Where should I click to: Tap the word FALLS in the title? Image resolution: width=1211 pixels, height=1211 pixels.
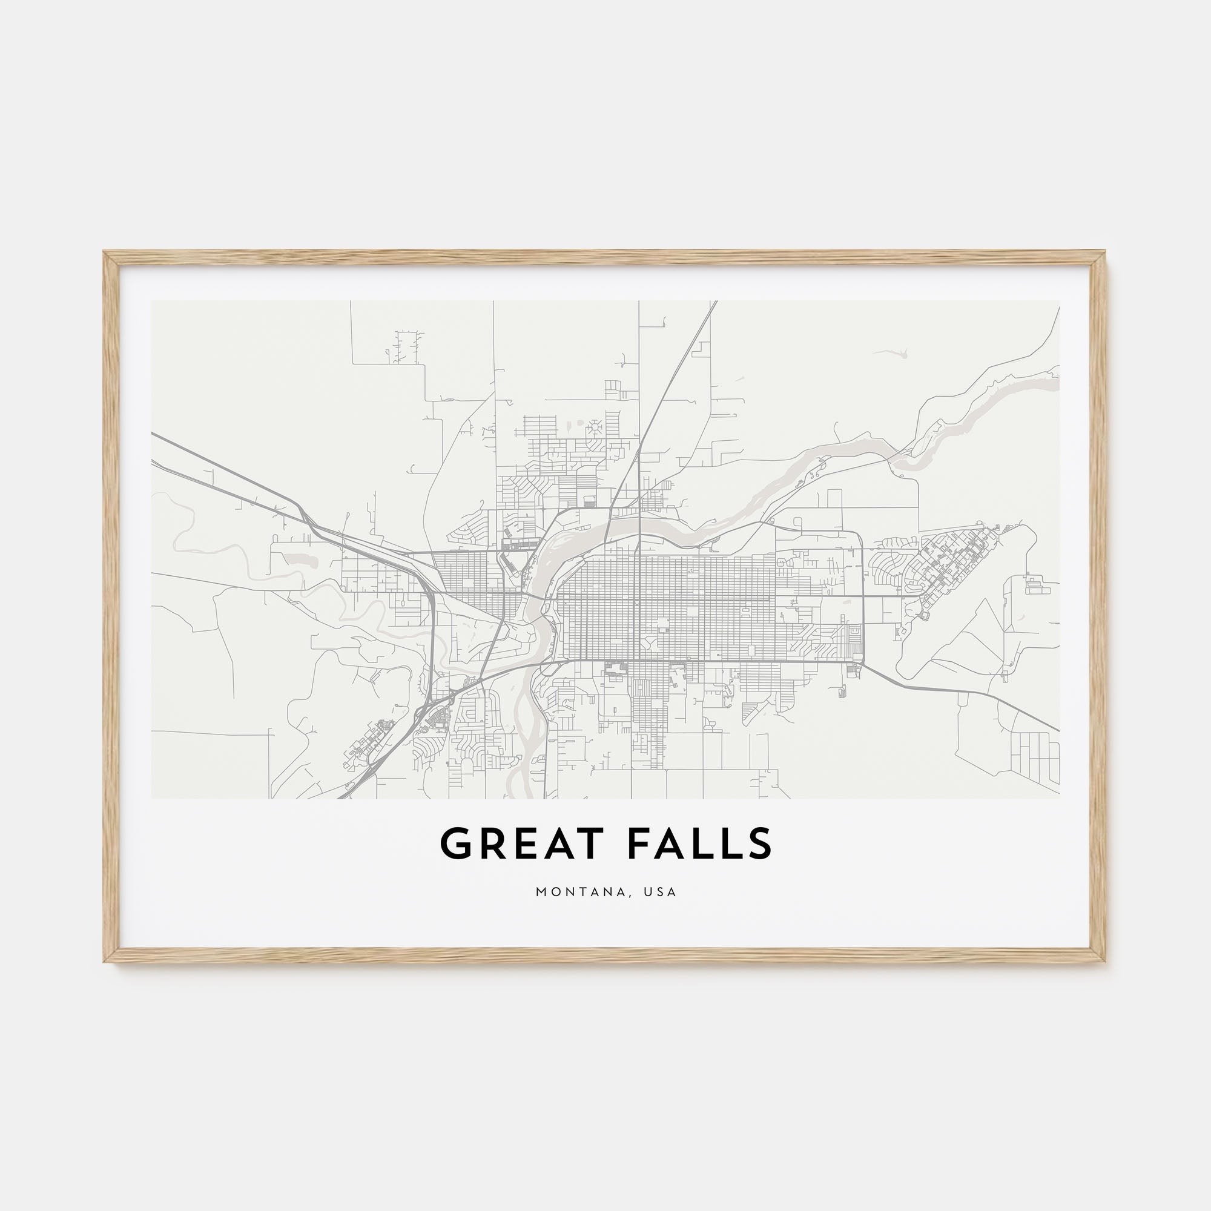699,843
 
